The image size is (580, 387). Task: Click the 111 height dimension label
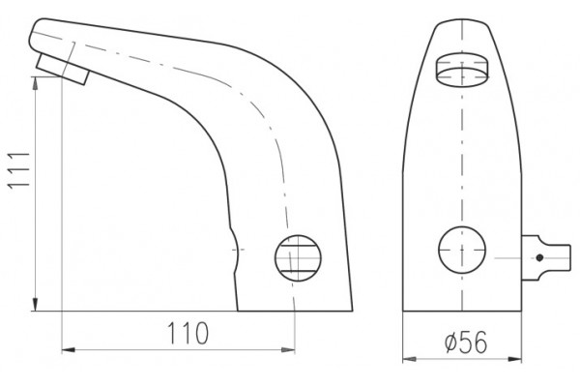pyautogui.click(x=19, y=170)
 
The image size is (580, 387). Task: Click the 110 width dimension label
pyautogui.click(x=188, y=333)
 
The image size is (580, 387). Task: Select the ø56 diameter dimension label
pyautogui.click(x=466, y=342)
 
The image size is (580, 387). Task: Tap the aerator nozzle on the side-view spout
pyautogui.click(x=63, y=70)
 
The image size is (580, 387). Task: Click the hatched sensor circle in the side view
pyautogui.click(x=298, y=258)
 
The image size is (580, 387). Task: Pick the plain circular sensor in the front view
pyautogui.click(x=462, y=250)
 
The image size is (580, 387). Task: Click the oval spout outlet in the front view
pyautogui.click(x=462, y=71)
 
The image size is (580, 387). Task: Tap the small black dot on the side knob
pyautogui.click(x=539, y=257)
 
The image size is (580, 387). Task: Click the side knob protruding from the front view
pyautogui.click(x=546, y=257)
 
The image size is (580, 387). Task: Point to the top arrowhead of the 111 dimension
pyautogui.click(x=35, y=83)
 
